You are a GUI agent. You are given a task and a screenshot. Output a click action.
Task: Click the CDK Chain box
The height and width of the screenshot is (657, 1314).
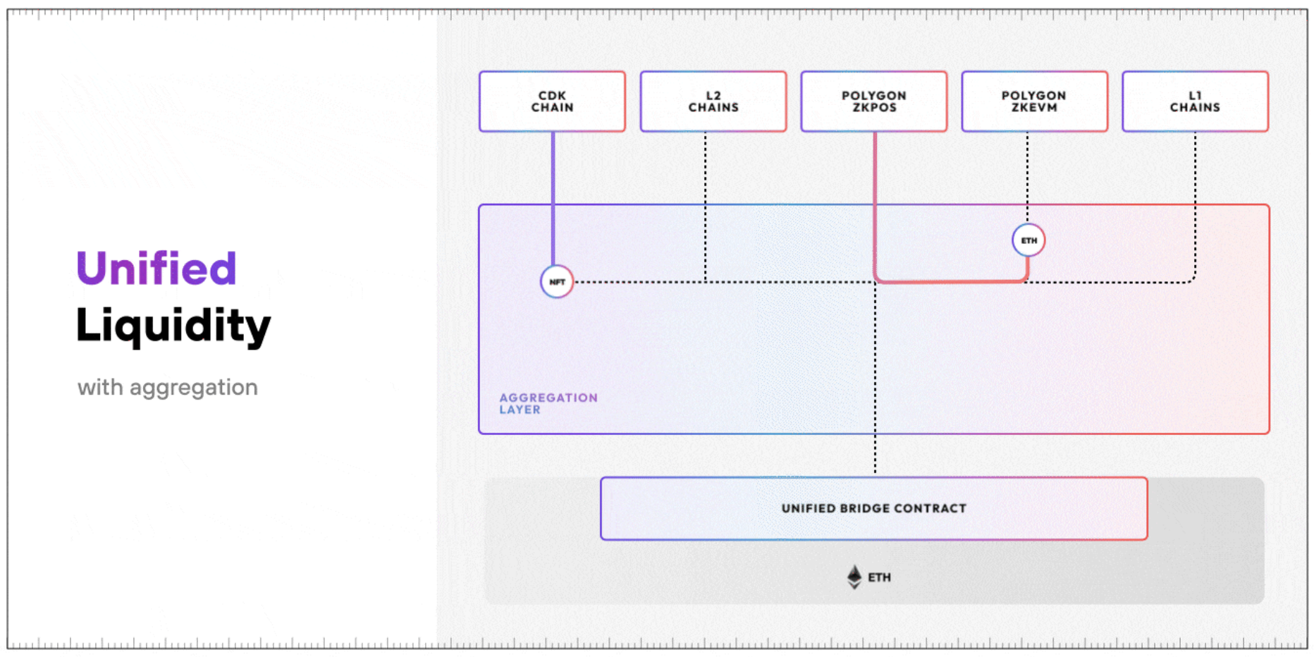pos(552,102)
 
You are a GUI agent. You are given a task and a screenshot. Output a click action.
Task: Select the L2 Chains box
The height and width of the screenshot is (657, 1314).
pos(713,102)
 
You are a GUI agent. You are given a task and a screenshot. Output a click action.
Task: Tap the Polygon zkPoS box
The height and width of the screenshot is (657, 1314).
pos(873,102)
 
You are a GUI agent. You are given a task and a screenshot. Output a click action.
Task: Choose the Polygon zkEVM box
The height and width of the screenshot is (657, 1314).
pos(1034,102)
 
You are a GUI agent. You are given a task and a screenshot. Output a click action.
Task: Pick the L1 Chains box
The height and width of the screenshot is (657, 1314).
pos(1195,102)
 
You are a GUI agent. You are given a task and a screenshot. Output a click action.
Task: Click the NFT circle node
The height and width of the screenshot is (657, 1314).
pos(557,282)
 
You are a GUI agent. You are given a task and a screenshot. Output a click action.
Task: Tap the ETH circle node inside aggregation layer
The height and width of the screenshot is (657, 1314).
pos(1029,240)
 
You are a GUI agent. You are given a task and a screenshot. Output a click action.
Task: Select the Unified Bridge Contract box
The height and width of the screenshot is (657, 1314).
pos(873,508)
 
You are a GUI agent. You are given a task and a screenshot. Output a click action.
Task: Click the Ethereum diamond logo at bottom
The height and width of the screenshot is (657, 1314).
pos(854,577)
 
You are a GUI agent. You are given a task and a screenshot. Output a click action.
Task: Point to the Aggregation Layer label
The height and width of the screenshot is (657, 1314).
pos(548,403)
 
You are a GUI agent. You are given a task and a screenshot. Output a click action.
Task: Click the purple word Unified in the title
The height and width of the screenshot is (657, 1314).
pos(156,269)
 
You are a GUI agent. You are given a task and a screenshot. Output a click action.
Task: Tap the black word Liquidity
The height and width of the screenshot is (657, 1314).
pos(173,326)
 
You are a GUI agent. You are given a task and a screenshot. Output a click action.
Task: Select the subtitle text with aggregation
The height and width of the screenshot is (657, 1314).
pos(168,387)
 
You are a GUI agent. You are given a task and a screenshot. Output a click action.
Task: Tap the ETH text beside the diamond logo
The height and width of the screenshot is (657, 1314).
pos(879,577)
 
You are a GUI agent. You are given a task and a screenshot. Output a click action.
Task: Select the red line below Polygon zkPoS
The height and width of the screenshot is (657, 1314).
pos(875,204)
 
